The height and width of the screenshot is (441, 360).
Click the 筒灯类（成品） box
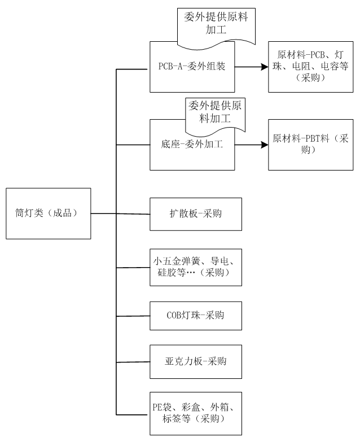(48, 213)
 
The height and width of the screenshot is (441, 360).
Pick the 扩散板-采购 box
(196, 213)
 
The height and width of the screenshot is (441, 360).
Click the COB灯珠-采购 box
(196, 315)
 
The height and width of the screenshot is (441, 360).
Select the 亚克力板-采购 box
(196, 361)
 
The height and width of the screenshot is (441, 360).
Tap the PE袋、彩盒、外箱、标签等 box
(196, 413)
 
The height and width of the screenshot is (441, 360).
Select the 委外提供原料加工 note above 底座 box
(217, 112)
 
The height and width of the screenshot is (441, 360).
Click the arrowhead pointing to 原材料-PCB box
(264, 67)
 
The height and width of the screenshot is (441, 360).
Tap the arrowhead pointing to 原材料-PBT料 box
(264, 145)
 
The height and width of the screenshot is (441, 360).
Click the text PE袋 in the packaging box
(163, 407)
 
